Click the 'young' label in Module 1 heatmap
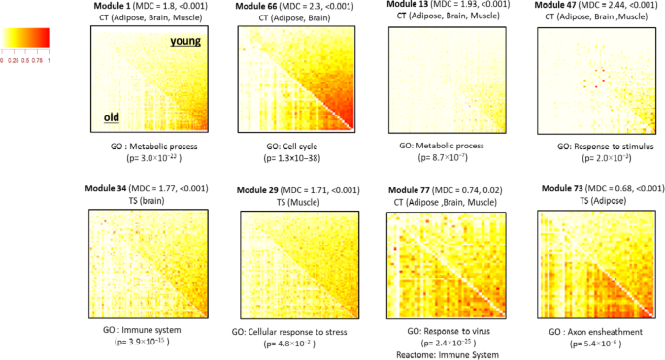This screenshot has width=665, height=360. tap(185, 41)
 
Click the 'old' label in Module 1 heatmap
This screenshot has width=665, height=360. tap(113, 119)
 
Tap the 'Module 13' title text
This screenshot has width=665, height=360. tap(409, 4)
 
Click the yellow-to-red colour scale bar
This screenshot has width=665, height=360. tap(24, 38)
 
